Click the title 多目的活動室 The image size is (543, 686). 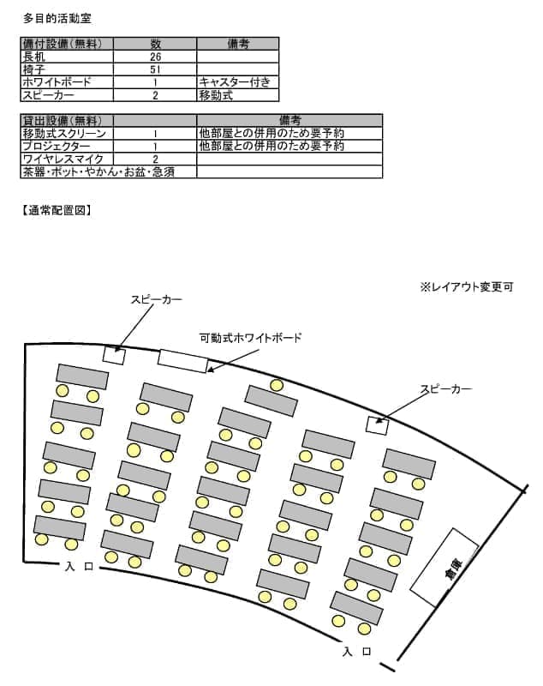[x=57, y=18]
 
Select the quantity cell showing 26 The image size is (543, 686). [x=155, y=57]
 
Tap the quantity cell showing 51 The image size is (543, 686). [x=155, y=69]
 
